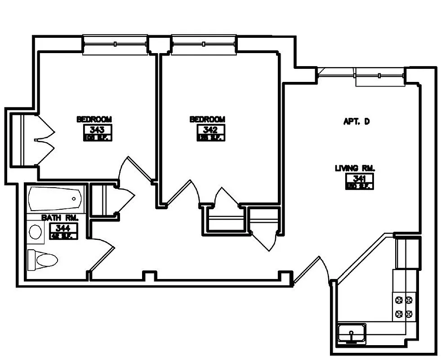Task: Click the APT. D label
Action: pos(356,121)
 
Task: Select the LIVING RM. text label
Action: pos(355,168)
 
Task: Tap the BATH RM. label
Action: pos(60,218)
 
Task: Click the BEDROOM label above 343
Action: pos(94,119)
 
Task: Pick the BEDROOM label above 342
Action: pos(207,119)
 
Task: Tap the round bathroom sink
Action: pos(35,232)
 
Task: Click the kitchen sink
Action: pos(352,334)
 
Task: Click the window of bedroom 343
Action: pos(116,44)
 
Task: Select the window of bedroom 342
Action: pos(204,44)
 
